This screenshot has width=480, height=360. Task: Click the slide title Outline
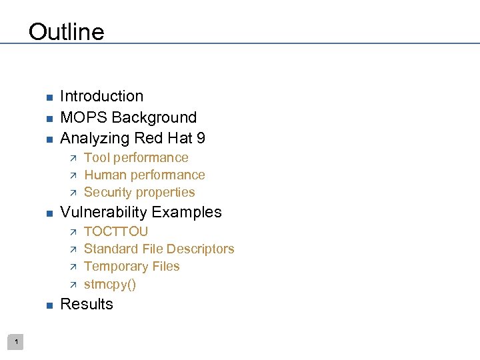coord(67,32)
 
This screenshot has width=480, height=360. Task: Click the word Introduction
coord(101,97)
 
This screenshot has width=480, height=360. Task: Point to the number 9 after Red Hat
coord(200,139)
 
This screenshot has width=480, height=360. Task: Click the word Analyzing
coord(95,139)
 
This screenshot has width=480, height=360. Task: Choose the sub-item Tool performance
coord(136,158)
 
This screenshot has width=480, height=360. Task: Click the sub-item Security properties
coord(139,193)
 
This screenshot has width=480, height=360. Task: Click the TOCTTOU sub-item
coord(116,232)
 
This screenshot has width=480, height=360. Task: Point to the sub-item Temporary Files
coord(131,267)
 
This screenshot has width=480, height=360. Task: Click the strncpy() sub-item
coord(110,285)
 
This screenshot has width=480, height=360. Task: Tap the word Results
coord(87,305)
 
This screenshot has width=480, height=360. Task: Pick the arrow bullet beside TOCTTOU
coord(73,232)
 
